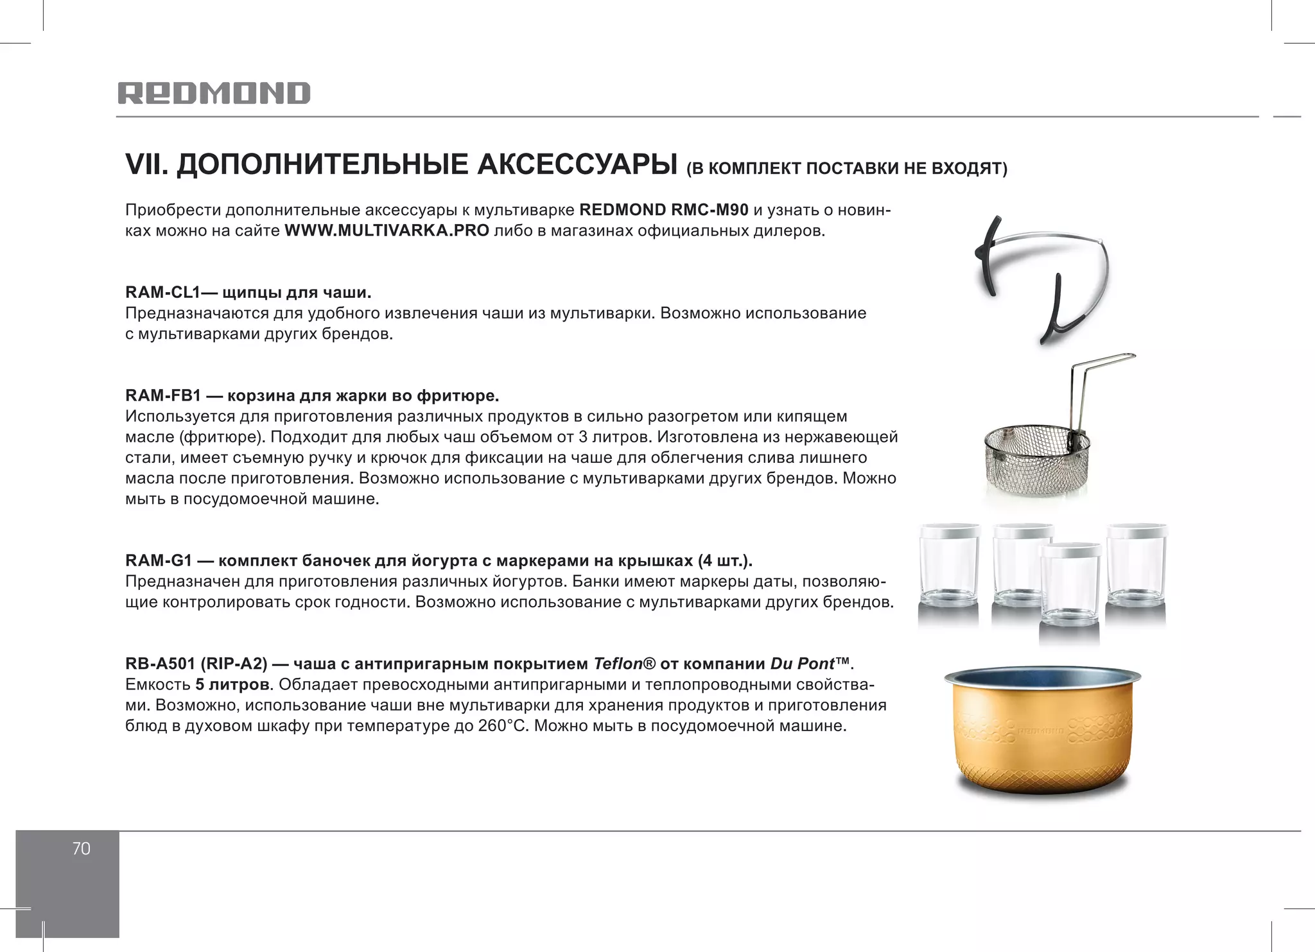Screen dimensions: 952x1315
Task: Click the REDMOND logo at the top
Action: click(x=214, y=93)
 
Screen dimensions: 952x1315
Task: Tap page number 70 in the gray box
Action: click(x=81, y=849)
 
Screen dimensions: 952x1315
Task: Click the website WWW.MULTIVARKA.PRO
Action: click(x=387, y=230)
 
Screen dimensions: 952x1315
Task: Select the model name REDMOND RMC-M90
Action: click(x=663, y=210)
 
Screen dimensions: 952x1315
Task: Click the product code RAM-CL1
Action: click(x=162, y=293)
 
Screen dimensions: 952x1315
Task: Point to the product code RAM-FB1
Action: click(x=163, y=395)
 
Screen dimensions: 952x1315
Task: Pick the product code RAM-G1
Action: click(x=159, y=560)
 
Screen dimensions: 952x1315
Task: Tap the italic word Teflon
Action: click(x=618, y=663)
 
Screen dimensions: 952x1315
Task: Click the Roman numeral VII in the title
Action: click(x=145, y=164)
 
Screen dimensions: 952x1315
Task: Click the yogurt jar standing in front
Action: click(x=1070, y=587)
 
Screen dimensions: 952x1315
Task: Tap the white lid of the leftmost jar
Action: click(x=950, y=532)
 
